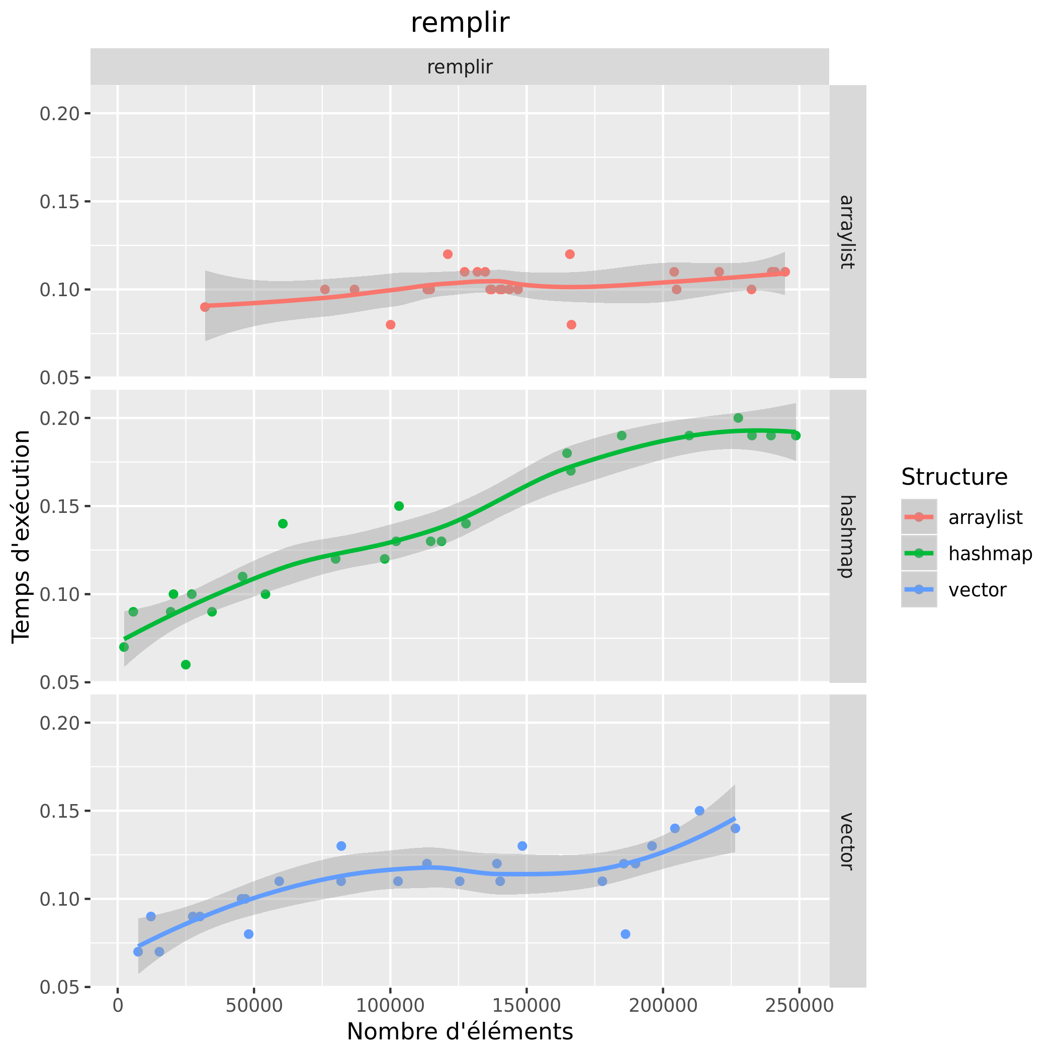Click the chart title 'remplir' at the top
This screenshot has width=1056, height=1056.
pyautogui.click(x=460, y=23)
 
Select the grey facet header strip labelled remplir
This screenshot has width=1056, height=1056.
pyautogui.click(x=460, y=67)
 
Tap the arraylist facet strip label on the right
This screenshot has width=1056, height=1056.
pyautogui.click(x=847, y=231)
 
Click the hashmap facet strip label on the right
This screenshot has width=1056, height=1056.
pyautogui.click(x=847, y=536)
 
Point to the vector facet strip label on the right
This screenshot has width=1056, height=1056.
pyautogui.click(x=847, y=841)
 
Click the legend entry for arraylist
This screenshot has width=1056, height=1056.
pyautogui.click(x=985, y=517)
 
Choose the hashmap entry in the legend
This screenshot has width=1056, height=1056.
pyautogui.click(x=990, y=554)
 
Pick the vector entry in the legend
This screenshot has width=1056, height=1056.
pyautogui.click(x=977, y=590)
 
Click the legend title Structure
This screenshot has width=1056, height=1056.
pyautogui.click(x=954, y=477)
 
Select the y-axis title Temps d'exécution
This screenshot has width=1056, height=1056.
pyautogui.click(x=22, y=536)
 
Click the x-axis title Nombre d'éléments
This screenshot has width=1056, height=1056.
pyautogui.click(x=460, y=1031)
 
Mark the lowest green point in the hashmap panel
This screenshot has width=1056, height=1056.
pyautogui.click(x=186, y=665)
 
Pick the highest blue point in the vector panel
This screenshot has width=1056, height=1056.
pyautogui.click(x=699, y=811)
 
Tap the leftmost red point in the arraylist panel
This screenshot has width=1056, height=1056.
pyautogui.click(x=205, y=307)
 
